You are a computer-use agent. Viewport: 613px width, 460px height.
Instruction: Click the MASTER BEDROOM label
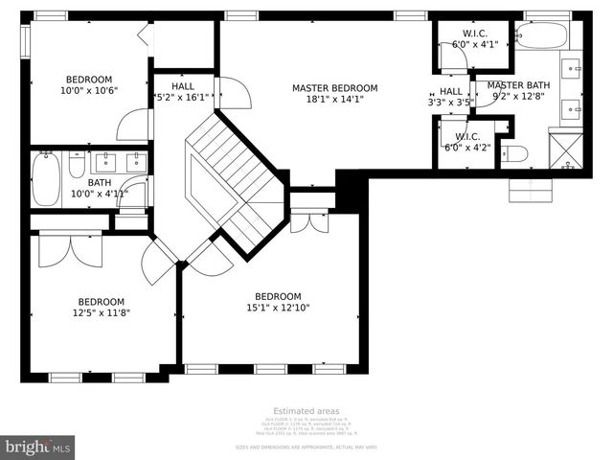(334, 88)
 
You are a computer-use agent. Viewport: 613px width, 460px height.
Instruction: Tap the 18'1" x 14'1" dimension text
(334, 100)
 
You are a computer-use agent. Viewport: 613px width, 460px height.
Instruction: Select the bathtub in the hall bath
(46, 180)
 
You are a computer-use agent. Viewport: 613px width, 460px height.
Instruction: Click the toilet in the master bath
(515, 153)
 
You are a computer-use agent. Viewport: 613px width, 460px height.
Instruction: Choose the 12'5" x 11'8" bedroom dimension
(101, 312)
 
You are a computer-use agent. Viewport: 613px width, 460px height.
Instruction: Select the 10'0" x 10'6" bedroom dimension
(89, 91)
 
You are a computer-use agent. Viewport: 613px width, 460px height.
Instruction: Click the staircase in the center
(235, 177)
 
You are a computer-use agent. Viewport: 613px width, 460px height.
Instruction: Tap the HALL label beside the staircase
(182, 85)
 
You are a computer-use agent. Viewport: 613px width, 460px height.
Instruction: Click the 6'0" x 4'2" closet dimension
(467, 149)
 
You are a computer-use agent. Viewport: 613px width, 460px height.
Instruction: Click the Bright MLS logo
(38, 447)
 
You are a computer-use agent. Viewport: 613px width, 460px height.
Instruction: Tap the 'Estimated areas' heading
(306, 411)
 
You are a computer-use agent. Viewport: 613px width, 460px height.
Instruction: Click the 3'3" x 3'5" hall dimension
(450, 102)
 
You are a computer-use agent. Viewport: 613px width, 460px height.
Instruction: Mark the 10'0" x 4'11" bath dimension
(99, 194)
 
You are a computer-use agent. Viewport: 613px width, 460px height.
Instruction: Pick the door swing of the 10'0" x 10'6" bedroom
(132, 125)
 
